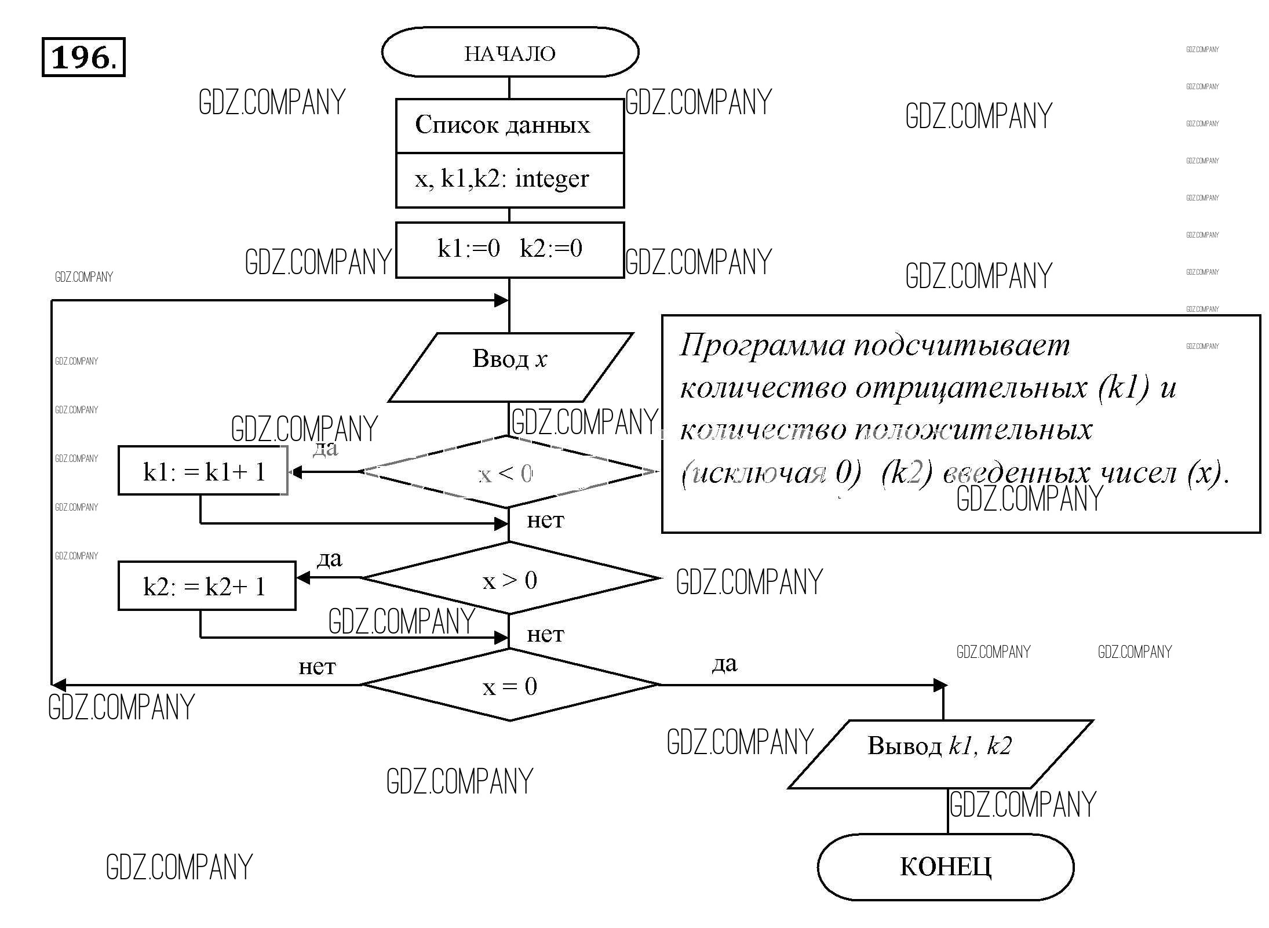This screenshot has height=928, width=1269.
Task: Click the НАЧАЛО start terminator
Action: (x=510, y=53)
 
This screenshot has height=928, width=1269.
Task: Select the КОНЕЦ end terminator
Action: (x=945, y=867)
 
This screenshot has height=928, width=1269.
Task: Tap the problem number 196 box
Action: (x=83, y=57)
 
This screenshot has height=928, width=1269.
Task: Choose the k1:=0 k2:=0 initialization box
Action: (x=509, y=249)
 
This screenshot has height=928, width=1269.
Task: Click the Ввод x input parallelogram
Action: (x=509, y=359)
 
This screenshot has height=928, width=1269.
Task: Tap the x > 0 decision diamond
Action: (x=510, y=579)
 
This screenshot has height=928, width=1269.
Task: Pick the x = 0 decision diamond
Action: (x=510, y=686)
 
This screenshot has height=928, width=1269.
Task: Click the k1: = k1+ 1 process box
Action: (x=203, y=472)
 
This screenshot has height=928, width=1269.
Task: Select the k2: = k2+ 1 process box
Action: (x=206, y=587)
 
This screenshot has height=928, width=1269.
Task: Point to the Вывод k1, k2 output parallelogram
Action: (x=940, y=747)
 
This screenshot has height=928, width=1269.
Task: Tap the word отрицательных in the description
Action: (x=971, y=388)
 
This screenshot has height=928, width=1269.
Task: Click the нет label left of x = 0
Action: (x=316, y=667)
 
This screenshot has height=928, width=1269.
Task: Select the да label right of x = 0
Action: (x=724, y=663)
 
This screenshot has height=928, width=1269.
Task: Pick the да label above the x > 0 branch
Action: (x=329, y=559)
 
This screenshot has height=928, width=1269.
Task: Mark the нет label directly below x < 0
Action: (x=545, y=521)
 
